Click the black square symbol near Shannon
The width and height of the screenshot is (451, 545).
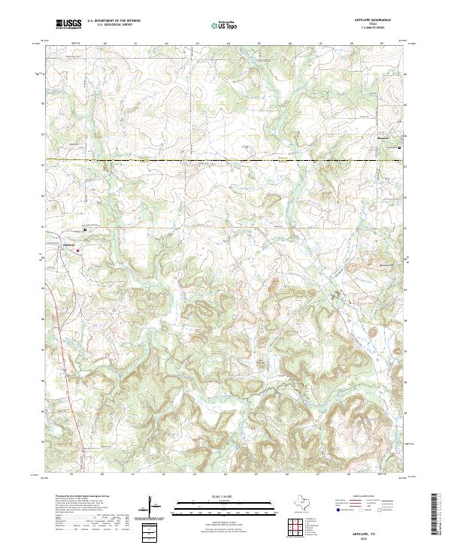(399, 147)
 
